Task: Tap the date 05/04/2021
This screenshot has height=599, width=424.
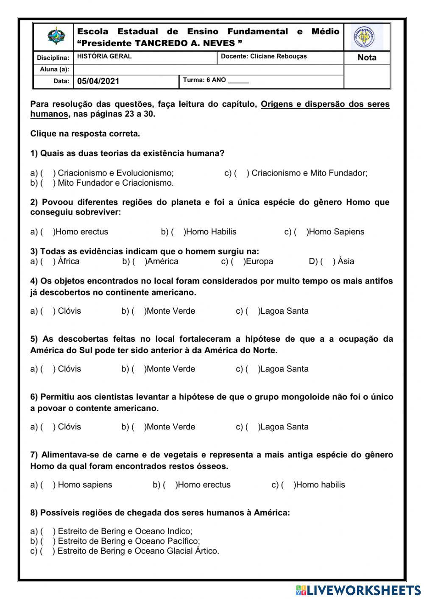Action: pyautogui.click(x=98, y=81)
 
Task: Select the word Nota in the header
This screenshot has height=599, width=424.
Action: pyautogui.click(x=367, y=58)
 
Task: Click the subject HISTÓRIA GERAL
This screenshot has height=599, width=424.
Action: pyautogui.click(x=104, y=56)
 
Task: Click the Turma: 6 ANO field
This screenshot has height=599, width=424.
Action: pyautogui.click(x=216, y=80)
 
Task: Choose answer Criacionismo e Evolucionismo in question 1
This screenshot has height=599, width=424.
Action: pyautogui.click(x=115, y=173)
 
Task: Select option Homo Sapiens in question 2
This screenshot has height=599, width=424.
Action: pyautogui.click(x=335, y=232)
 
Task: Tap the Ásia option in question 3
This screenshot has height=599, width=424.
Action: pyautogui.click(x=346, y=262)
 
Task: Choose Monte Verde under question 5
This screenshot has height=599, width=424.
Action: pyautogui.click(x=170, y=369)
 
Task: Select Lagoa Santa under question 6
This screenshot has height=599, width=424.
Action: pyautogui.click(x=284, y=427)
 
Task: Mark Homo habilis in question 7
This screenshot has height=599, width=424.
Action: pyautogui.click(x=320, y=485)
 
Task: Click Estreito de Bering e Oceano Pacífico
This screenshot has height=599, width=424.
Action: pyautogui.click(x=128, y=541)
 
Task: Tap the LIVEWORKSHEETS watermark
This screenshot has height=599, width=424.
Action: pyautogui.click(x=358, y=591)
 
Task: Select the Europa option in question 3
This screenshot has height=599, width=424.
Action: pyautogui.click(x=259, y=262)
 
